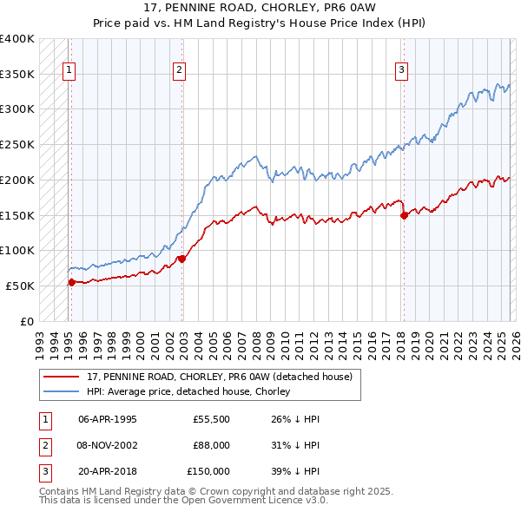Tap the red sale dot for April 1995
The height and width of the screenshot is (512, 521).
(x=71, y=281)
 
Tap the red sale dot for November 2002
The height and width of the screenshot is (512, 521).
(x=181, y=259)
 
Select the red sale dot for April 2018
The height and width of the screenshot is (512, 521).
(x=404, y=215)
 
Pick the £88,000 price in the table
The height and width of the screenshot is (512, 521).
(x=211, y=445)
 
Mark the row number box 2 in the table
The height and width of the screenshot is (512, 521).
(x=44, y=445)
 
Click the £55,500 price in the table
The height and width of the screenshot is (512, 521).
(x=211, y=419)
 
